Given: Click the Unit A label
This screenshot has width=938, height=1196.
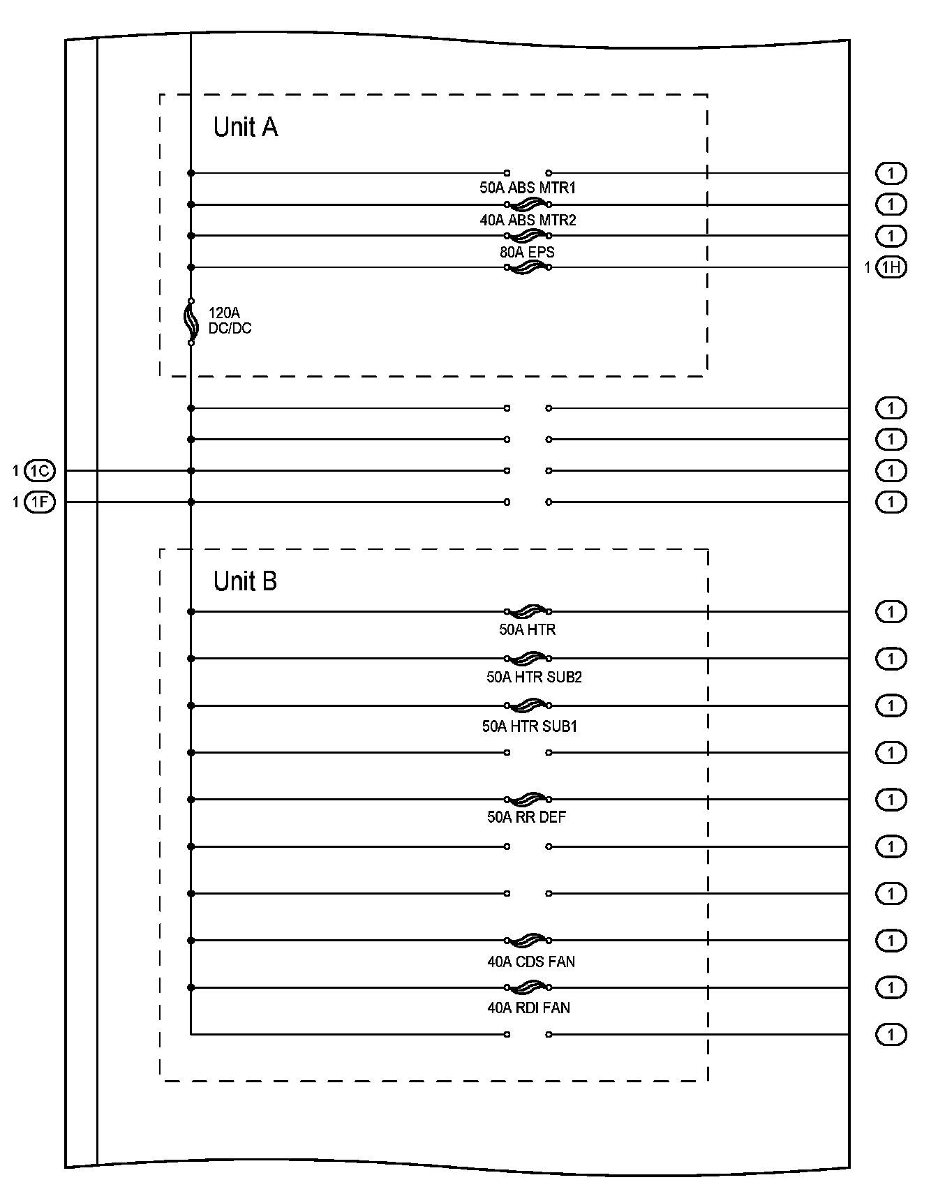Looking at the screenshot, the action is point(245,128).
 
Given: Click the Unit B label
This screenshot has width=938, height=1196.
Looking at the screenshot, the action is point(245,581).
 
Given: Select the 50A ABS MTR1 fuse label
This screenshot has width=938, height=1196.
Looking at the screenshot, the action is point(528,188).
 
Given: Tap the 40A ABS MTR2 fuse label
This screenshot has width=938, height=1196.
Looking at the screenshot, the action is point(528,220).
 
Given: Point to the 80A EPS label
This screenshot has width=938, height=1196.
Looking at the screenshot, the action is point(527,252).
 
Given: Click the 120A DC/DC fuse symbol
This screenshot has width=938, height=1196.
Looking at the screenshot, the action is point(191,322).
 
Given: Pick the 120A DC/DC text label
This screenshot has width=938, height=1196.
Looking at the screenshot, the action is point(230,321).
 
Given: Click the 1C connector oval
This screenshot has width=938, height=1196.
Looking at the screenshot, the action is point(40,471).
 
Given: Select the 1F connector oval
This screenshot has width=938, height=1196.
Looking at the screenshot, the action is point(40,502).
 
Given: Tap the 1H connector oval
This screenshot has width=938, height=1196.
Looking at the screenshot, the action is point(891,267).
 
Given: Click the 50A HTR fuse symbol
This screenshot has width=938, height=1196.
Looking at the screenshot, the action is point(528,612).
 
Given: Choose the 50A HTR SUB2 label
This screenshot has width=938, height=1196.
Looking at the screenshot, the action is point(534,677).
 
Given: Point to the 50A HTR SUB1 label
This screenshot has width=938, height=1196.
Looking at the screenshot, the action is point(530,726).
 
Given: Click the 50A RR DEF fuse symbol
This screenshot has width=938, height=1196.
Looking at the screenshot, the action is point(528,800).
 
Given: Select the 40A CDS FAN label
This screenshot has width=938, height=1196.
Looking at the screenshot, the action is point(531,962).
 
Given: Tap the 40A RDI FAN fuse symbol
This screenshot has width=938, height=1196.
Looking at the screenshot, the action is point(528,987).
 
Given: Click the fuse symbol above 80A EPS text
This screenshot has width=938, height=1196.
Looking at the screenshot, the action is point(528,236).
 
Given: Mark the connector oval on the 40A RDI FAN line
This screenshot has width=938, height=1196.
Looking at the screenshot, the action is point(891,987).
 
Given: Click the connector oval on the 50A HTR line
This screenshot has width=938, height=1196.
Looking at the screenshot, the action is point(891,612).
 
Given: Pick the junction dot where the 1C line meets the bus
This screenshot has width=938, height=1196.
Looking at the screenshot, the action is point(191,471).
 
